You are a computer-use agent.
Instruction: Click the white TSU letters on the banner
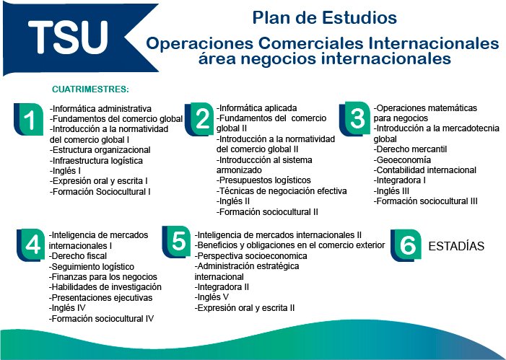click(68, 37)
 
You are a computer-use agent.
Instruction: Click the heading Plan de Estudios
click(324, 17)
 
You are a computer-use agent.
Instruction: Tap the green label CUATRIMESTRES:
click(90, 89)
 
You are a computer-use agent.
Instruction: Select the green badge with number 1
click(29, 119)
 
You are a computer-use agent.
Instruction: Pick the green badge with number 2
click(200, 119)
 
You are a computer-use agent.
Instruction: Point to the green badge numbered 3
click(355, 119)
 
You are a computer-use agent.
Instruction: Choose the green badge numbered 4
click(31, 245)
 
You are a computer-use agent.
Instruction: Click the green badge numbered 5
click(177, 242)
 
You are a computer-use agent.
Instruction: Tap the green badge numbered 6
click(406, 245)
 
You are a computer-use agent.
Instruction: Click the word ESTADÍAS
click(456, 246)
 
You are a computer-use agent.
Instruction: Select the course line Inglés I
click(65, 171)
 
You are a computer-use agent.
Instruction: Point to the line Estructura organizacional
click(100, 150)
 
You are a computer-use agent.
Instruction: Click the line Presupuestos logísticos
click(263, 180)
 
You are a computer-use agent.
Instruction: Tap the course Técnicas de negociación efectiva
click(282, 191)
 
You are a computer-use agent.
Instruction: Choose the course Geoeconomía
click(402, 160)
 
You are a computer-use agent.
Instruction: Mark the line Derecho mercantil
click(410, 149)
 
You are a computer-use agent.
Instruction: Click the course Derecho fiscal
click(78, 256)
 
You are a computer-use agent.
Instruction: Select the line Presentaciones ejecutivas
click(100, 298)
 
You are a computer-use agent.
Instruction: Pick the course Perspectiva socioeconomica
click(250, 256)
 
